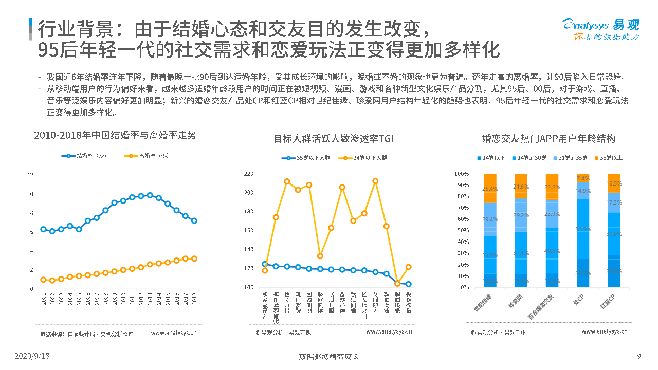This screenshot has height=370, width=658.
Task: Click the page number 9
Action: [x=638, y=356]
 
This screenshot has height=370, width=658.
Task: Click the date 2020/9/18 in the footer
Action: [x=32, y=356]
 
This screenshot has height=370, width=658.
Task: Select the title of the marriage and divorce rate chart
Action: [x=115, y=136]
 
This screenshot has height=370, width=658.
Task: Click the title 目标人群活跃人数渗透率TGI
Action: [x=333, y=139]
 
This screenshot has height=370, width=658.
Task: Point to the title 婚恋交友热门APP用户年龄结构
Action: [x=549, y=139]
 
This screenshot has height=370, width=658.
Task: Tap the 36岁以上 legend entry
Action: [x=608, y=158]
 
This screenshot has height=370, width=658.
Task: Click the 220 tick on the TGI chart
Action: [x=249, y=174]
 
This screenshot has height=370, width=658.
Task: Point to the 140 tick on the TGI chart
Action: [x=249, y=250]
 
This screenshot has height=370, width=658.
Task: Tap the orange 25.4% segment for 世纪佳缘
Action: [x=490, y=189]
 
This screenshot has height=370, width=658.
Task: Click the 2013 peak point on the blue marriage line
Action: [x=150, y=195]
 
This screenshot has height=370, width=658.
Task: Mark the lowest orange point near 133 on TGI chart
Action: [x=320, y=256]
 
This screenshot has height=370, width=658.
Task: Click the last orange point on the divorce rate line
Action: [x=194, y=258]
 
